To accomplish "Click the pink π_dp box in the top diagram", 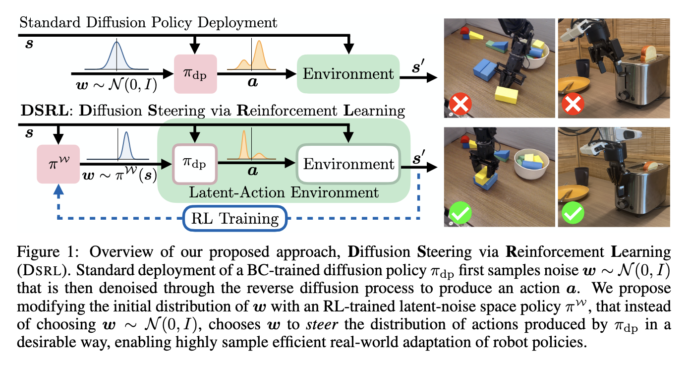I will [196, 73].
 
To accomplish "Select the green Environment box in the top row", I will [348, 73].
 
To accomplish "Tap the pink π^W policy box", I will [59, 163].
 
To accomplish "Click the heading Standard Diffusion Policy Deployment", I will [148, 22].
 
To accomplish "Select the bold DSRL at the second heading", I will [43, 111].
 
